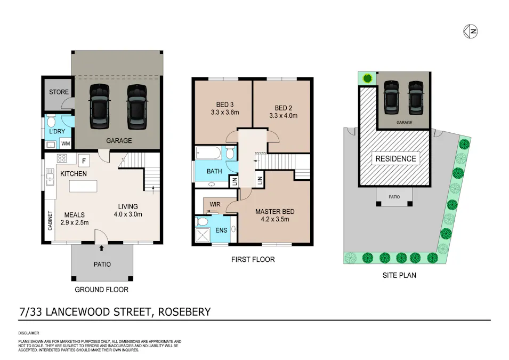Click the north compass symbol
tap(470, 31)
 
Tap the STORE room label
tap(59, 92)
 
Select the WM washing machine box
tap(66, 143)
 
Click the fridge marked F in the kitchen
tap(84, 159)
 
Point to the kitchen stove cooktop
tap(61, 159)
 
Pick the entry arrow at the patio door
tap(101, 247)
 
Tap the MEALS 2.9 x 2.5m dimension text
tap(74, 222)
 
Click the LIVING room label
tap(128, 206)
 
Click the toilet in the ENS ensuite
tap(202, 220)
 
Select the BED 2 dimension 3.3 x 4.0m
tap(283, 115)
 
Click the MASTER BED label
tap(274, 211)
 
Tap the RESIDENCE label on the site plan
tap(395, 158)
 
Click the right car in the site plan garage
tap(416, 98)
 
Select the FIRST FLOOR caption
tap(253, 260)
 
